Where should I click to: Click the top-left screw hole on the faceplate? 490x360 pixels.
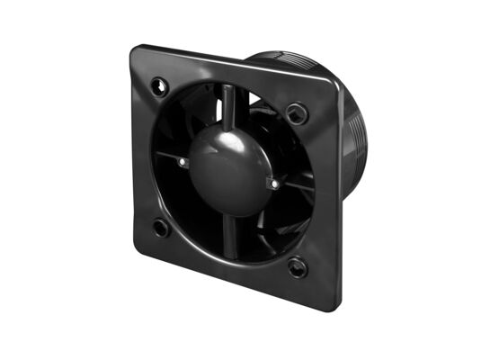click(161, 85)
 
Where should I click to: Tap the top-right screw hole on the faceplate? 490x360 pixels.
click(297, 113)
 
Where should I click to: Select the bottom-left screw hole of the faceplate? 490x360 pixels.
click(161, 228)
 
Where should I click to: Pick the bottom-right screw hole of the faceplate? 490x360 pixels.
click(297, 266)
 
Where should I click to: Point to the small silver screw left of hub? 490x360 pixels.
click(183, 162)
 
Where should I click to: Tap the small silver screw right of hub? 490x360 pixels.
click(274, 184)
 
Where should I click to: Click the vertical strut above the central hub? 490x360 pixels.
click(228, 103)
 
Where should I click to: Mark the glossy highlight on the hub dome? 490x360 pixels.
click(216, 144)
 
